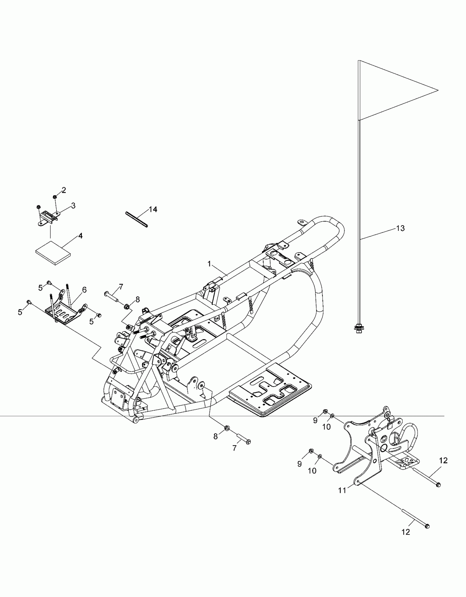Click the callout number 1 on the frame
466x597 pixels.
(x=209, y=264)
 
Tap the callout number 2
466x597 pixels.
(x=64, y=190)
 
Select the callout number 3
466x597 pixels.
(x=73, y=206)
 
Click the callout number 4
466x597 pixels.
(x=80, y=236)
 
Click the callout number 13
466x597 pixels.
(x=400, y=228)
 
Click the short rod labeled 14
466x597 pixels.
(x=137, y=220)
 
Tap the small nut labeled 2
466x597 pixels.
(x=55, y=197)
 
